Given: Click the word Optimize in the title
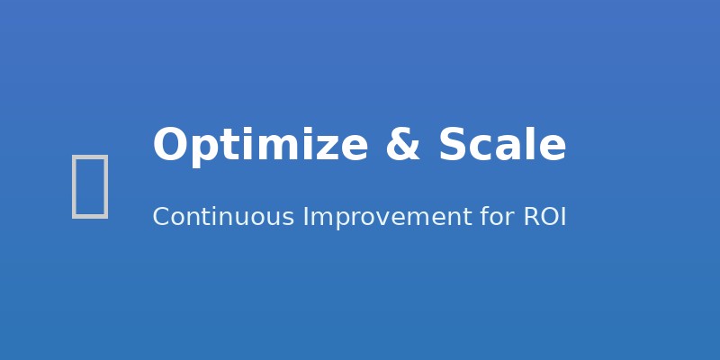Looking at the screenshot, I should point(260,146).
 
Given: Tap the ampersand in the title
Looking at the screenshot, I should point(402,146).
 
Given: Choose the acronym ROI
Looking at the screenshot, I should point(544,217).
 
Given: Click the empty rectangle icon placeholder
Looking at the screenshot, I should point(90,185).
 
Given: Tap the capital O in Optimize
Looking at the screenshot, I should point(169,146).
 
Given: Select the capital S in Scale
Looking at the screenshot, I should point(453,146).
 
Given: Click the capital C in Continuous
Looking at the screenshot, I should point(161,217).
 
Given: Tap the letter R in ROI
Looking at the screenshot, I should point(530,217).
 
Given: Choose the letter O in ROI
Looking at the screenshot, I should point(547,217).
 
